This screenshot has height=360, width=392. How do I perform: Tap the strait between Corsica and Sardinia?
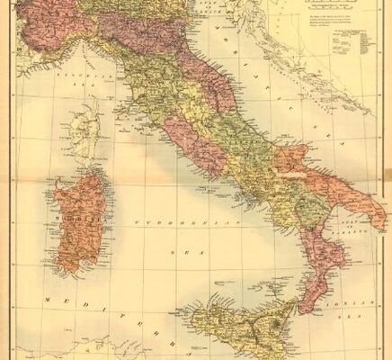pos(87,170)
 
